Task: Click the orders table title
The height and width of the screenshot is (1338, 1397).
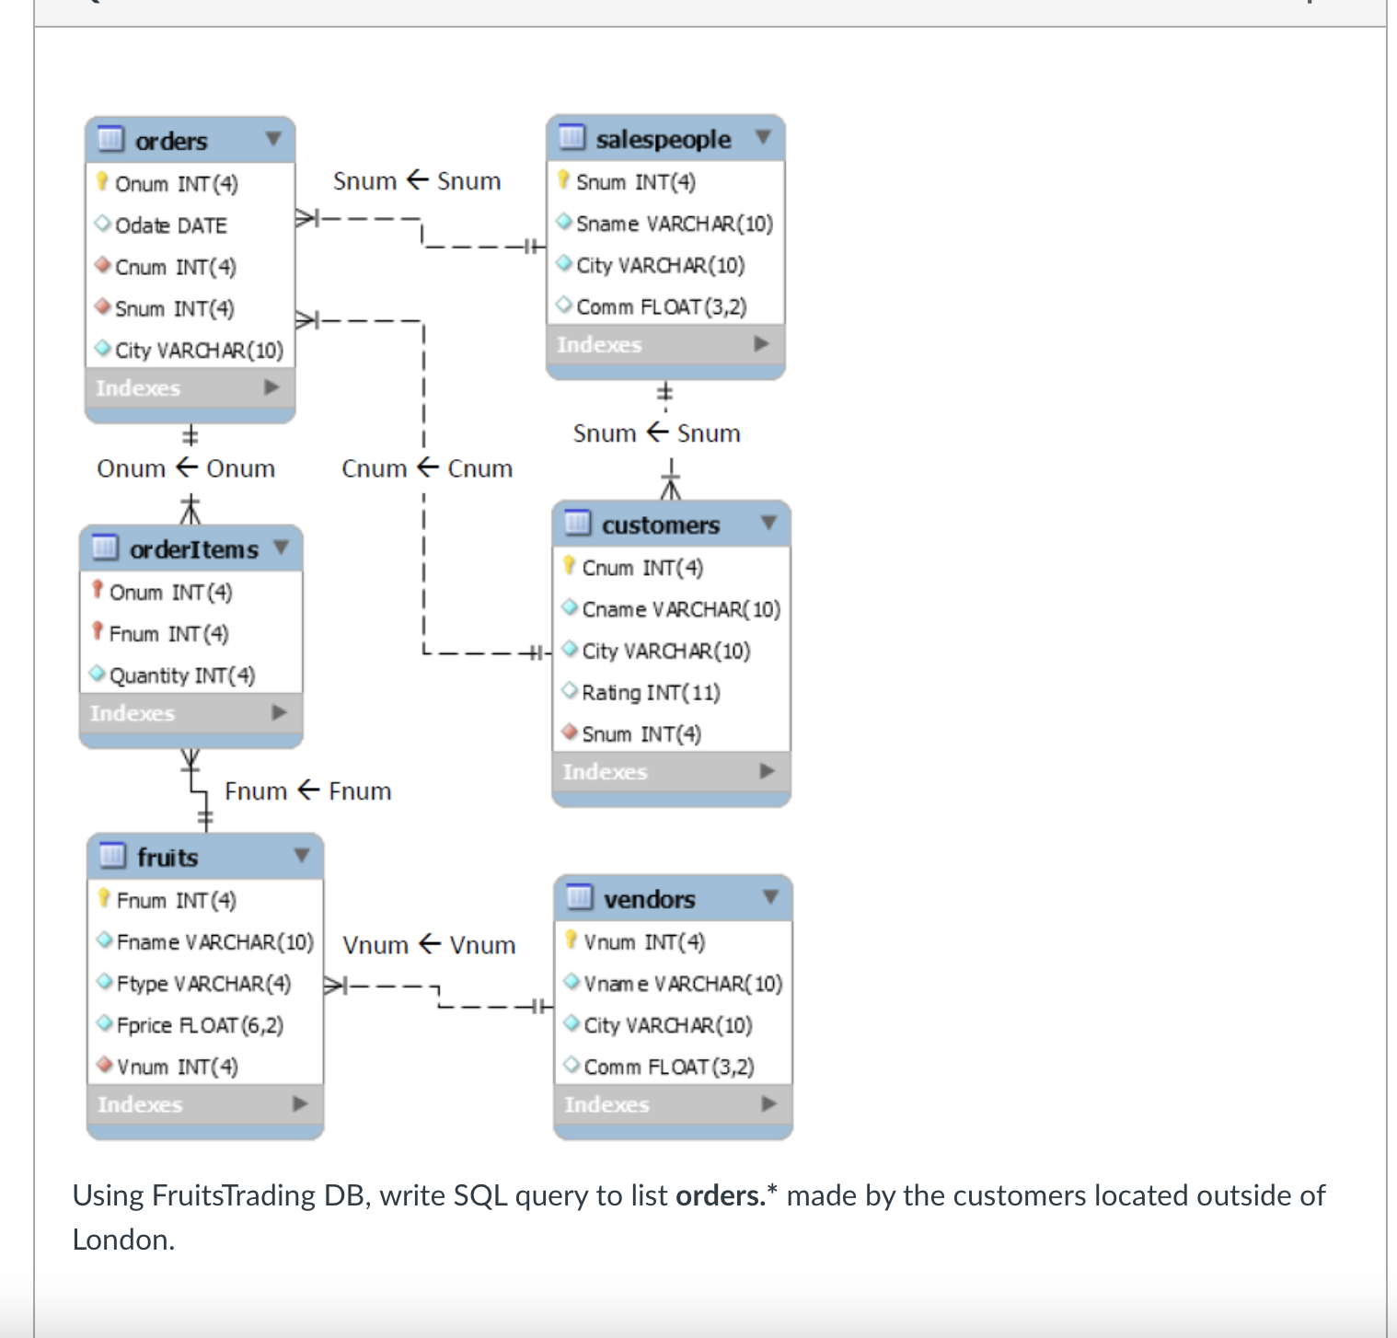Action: [171, 141]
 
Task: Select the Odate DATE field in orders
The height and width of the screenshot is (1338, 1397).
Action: [170, 225]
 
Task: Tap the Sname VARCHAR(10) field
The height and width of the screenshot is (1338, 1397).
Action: [674, 224]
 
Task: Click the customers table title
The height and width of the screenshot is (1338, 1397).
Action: [660, 525]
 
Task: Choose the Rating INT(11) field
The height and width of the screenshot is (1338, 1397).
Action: [650, 692]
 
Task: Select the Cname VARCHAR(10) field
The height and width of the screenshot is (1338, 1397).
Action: [680, 609]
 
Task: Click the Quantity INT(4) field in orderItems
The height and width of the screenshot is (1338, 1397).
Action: [181, 675]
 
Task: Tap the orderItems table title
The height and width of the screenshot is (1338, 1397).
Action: [193, 549]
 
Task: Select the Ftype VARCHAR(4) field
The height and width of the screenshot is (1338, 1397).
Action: [203, 984]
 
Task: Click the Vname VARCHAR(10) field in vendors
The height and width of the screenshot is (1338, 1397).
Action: [682, 984]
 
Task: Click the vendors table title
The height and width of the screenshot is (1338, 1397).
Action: [649, 899]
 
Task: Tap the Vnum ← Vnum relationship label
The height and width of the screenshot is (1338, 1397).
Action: [429, 945]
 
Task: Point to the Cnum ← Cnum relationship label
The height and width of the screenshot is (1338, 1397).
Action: [427, 468]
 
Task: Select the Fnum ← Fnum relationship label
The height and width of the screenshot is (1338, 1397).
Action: [308, 791]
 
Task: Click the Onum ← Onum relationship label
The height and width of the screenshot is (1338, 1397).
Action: [186, 468]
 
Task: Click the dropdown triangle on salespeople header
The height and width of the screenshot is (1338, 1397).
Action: [762, 137]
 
